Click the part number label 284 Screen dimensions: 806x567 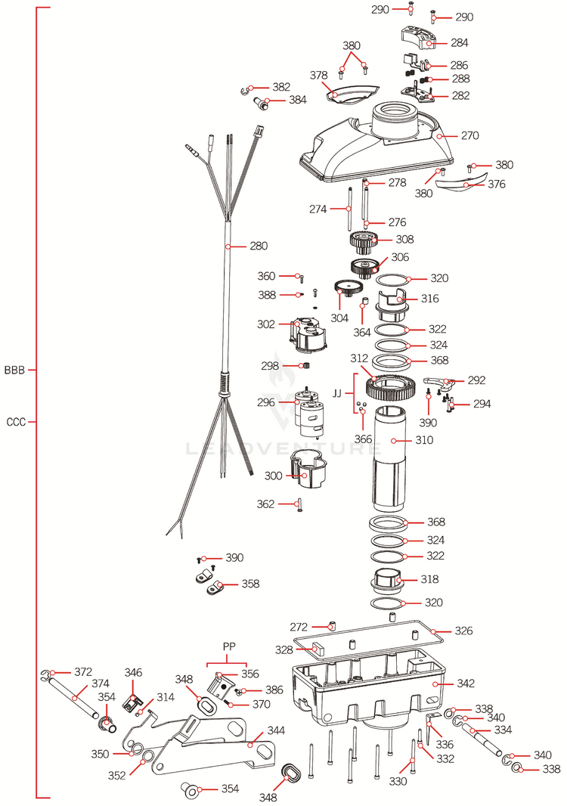(459, 43)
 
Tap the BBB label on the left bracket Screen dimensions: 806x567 (14, 370)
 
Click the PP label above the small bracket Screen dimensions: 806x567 (230, 647)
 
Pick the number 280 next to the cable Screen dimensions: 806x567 (259, 246)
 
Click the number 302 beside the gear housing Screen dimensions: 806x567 (265, 324)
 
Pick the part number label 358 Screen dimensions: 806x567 (250, 584)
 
